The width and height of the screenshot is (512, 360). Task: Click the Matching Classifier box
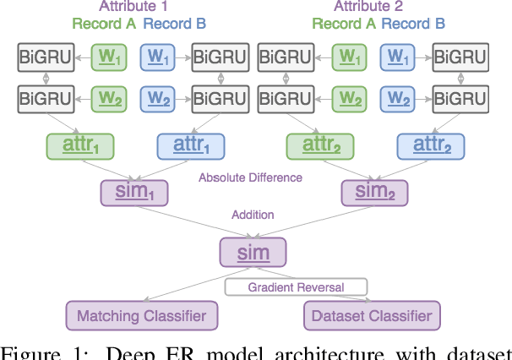click(x=142, y=317)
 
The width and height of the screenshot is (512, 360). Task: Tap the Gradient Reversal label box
click(x=296, y=287)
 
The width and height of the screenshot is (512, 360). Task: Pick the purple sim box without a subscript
click(x=253, y=252)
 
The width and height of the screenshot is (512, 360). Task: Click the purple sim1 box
click(x=135, y=193)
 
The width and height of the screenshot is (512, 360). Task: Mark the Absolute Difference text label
click(x=250, y=178)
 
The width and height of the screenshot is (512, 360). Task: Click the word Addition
click(x=253, y=215)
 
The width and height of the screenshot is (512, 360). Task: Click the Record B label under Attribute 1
click(x=177, y=24)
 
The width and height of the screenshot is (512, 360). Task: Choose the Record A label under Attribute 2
click(x=344, y=24)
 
